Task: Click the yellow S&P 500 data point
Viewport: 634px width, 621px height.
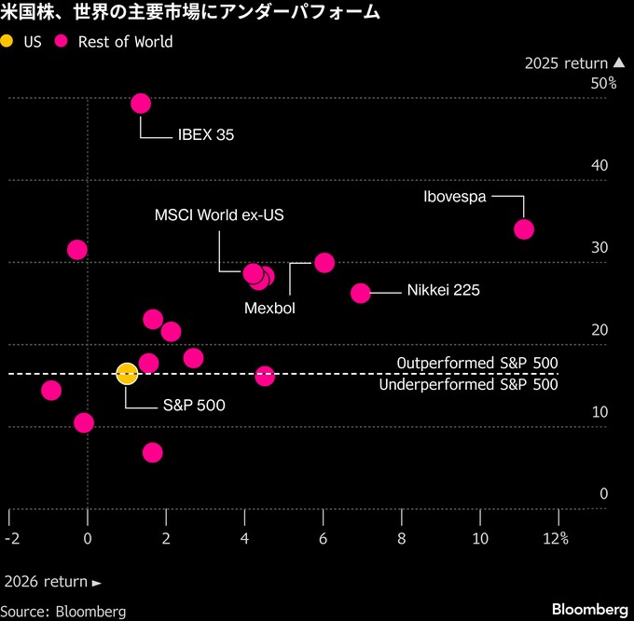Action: (x=127, y=373)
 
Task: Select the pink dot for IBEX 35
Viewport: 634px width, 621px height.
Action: (x=141, y=103)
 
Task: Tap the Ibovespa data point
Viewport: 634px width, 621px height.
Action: (x=524, y=228)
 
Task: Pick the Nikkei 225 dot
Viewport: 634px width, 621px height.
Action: (x=361, y=293)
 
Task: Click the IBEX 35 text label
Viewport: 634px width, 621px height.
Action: (x=205, y=134)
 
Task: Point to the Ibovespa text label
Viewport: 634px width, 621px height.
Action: (x=454, y=197)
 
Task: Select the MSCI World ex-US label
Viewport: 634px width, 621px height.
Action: (x=219, y=214)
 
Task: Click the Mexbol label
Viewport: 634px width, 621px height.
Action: (x=269, y=308)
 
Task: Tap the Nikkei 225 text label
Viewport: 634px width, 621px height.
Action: (x=443, y=291)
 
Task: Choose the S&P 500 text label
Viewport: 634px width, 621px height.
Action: (x=194, y=405)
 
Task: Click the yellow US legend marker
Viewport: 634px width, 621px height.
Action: (x=8, y=41)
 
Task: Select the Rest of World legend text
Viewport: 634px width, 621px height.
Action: (x=125, y=41)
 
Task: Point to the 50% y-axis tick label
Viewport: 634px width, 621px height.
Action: (x=603, y=83)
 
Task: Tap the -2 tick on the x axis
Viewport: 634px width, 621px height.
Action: (x=11, y=538)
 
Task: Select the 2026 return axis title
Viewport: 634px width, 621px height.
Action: (x=52, y=582)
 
